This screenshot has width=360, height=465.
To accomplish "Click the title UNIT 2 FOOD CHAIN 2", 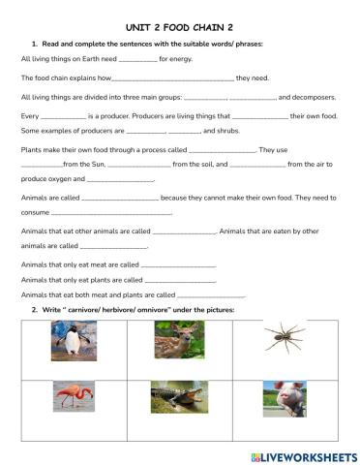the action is coord(179,30).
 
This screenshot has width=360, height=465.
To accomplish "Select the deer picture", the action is coord(178,341).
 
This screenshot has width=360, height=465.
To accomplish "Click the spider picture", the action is coord(285,338).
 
